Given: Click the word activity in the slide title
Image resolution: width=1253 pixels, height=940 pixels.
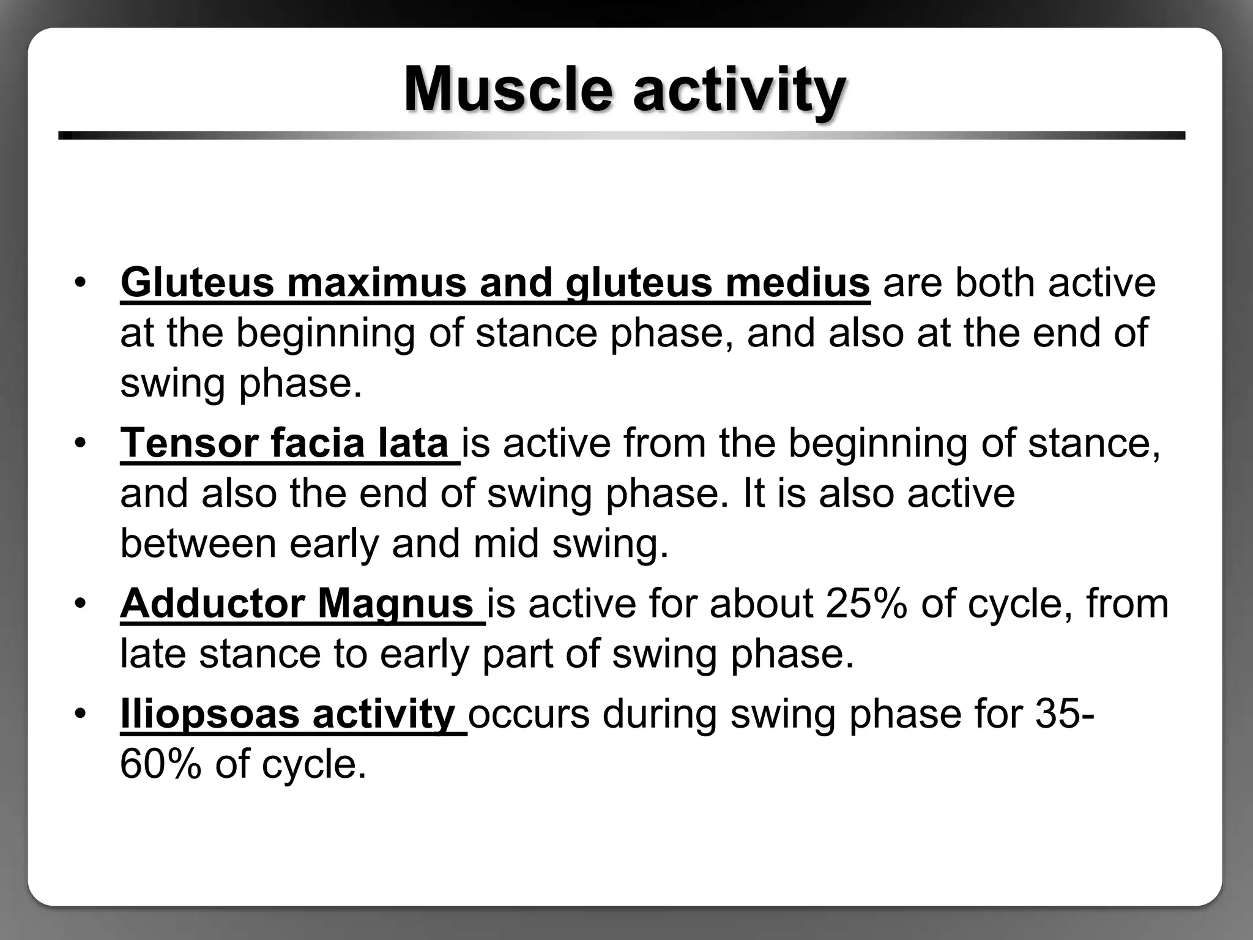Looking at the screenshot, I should pos(739,90).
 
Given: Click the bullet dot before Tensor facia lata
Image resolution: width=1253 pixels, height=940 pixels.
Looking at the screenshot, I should pos(80,443).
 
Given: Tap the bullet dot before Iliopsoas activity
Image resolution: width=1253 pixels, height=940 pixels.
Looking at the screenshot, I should pos(80,714).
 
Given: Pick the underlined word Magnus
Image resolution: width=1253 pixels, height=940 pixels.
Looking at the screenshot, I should pos(395,604).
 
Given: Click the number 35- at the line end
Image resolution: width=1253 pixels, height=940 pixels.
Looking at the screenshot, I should pos(1064,714).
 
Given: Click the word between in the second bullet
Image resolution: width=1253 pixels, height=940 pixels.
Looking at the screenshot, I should pos(198,543).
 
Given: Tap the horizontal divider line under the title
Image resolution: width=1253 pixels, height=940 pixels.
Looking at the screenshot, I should pos(622,135).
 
